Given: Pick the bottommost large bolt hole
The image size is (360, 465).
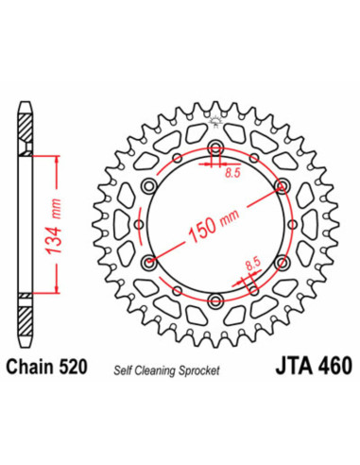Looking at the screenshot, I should (216, 302).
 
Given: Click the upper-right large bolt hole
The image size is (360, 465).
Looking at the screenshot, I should (283, 187).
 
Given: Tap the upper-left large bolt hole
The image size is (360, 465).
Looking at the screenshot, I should (149, 187).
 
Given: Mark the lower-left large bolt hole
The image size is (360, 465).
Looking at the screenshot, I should (149, 264).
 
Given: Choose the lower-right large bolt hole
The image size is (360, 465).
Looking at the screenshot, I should (283, 264).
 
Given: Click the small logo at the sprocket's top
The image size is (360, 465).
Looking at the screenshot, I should (216, 119).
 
